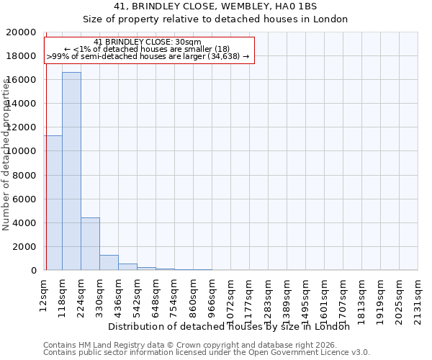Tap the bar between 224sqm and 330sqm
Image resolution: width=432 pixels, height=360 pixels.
[x=90, y=244]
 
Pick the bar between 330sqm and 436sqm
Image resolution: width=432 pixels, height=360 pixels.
[x=109, y=263]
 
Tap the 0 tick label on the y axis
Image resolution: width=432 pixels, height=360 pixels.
[x=34, y=270]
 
